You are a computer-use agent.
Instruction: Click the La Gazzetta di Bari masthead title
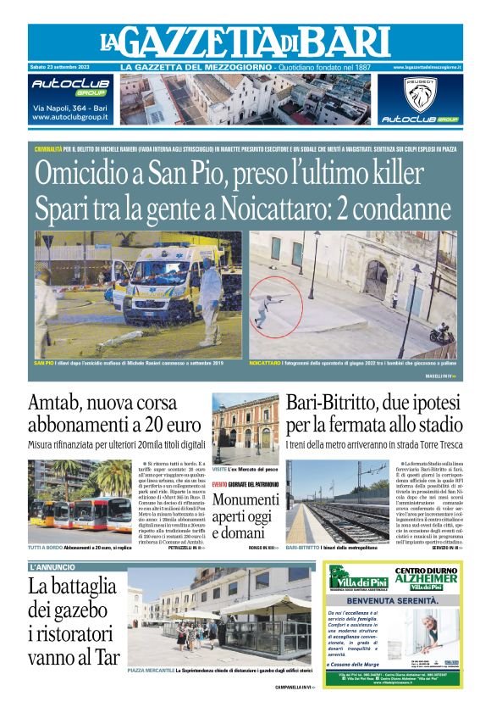pyautogui.click(x=245, y=42)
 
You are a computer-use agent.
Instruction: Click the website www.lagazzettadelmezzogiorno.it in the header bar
pyautogui.click(x=428, y=67)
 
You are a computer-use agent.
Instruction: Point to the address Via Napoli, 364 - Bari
pyautogui.click(x=69, y=109)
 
